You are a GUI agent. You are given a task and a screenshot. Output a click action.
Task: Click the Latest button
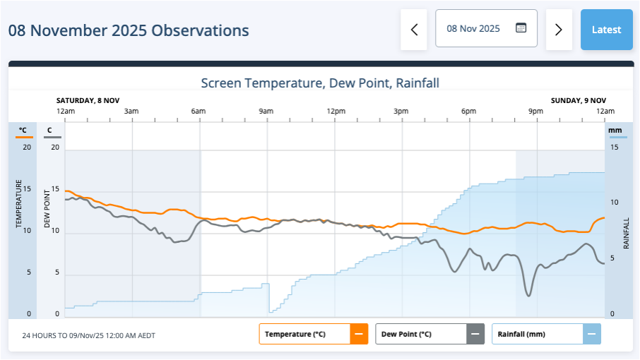[x=606, y=30]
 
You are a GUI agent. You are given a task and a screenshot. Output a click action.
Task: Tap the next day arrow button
[x=559, y=30]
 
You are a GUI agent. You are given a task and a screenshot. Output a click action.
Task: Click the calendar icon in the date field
[x=521, y=28]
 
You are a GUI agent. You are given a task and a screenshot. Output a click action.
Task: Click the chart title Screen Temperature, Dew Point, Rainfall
[x=320, y=83]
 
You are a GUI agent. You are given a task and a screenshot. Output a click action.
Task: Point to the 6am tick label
[x=198, y=112]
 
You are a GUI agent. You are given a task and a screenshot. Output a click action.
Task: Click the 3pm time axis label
[x=401, y=112]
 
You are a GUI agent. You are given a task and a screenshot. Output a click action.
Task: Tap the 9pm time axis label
[x=536, y=112]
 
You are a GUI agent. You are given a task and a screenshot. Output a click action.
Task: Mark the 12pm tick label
[x=336, y=112]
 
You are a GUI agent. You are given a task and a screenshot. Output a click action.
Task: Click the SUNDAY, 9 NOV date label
[x=578, y=100]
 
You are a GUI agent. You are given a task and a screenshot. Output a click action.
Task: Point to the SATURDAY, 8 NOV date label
[x=89, y=100]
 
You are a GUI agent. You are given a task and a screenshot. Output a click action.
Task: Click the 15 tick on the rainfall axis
[x=615, y=147]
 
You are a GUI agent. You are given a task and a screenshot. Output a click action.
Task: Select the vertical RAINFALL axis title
[x=626, y=233]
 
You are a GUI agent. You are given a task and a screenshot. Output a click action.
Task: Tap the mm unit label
[x=615, y=130]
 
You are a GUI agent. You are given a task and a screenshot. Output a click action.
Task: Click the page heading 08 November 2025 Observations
[x=129, y=31]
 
